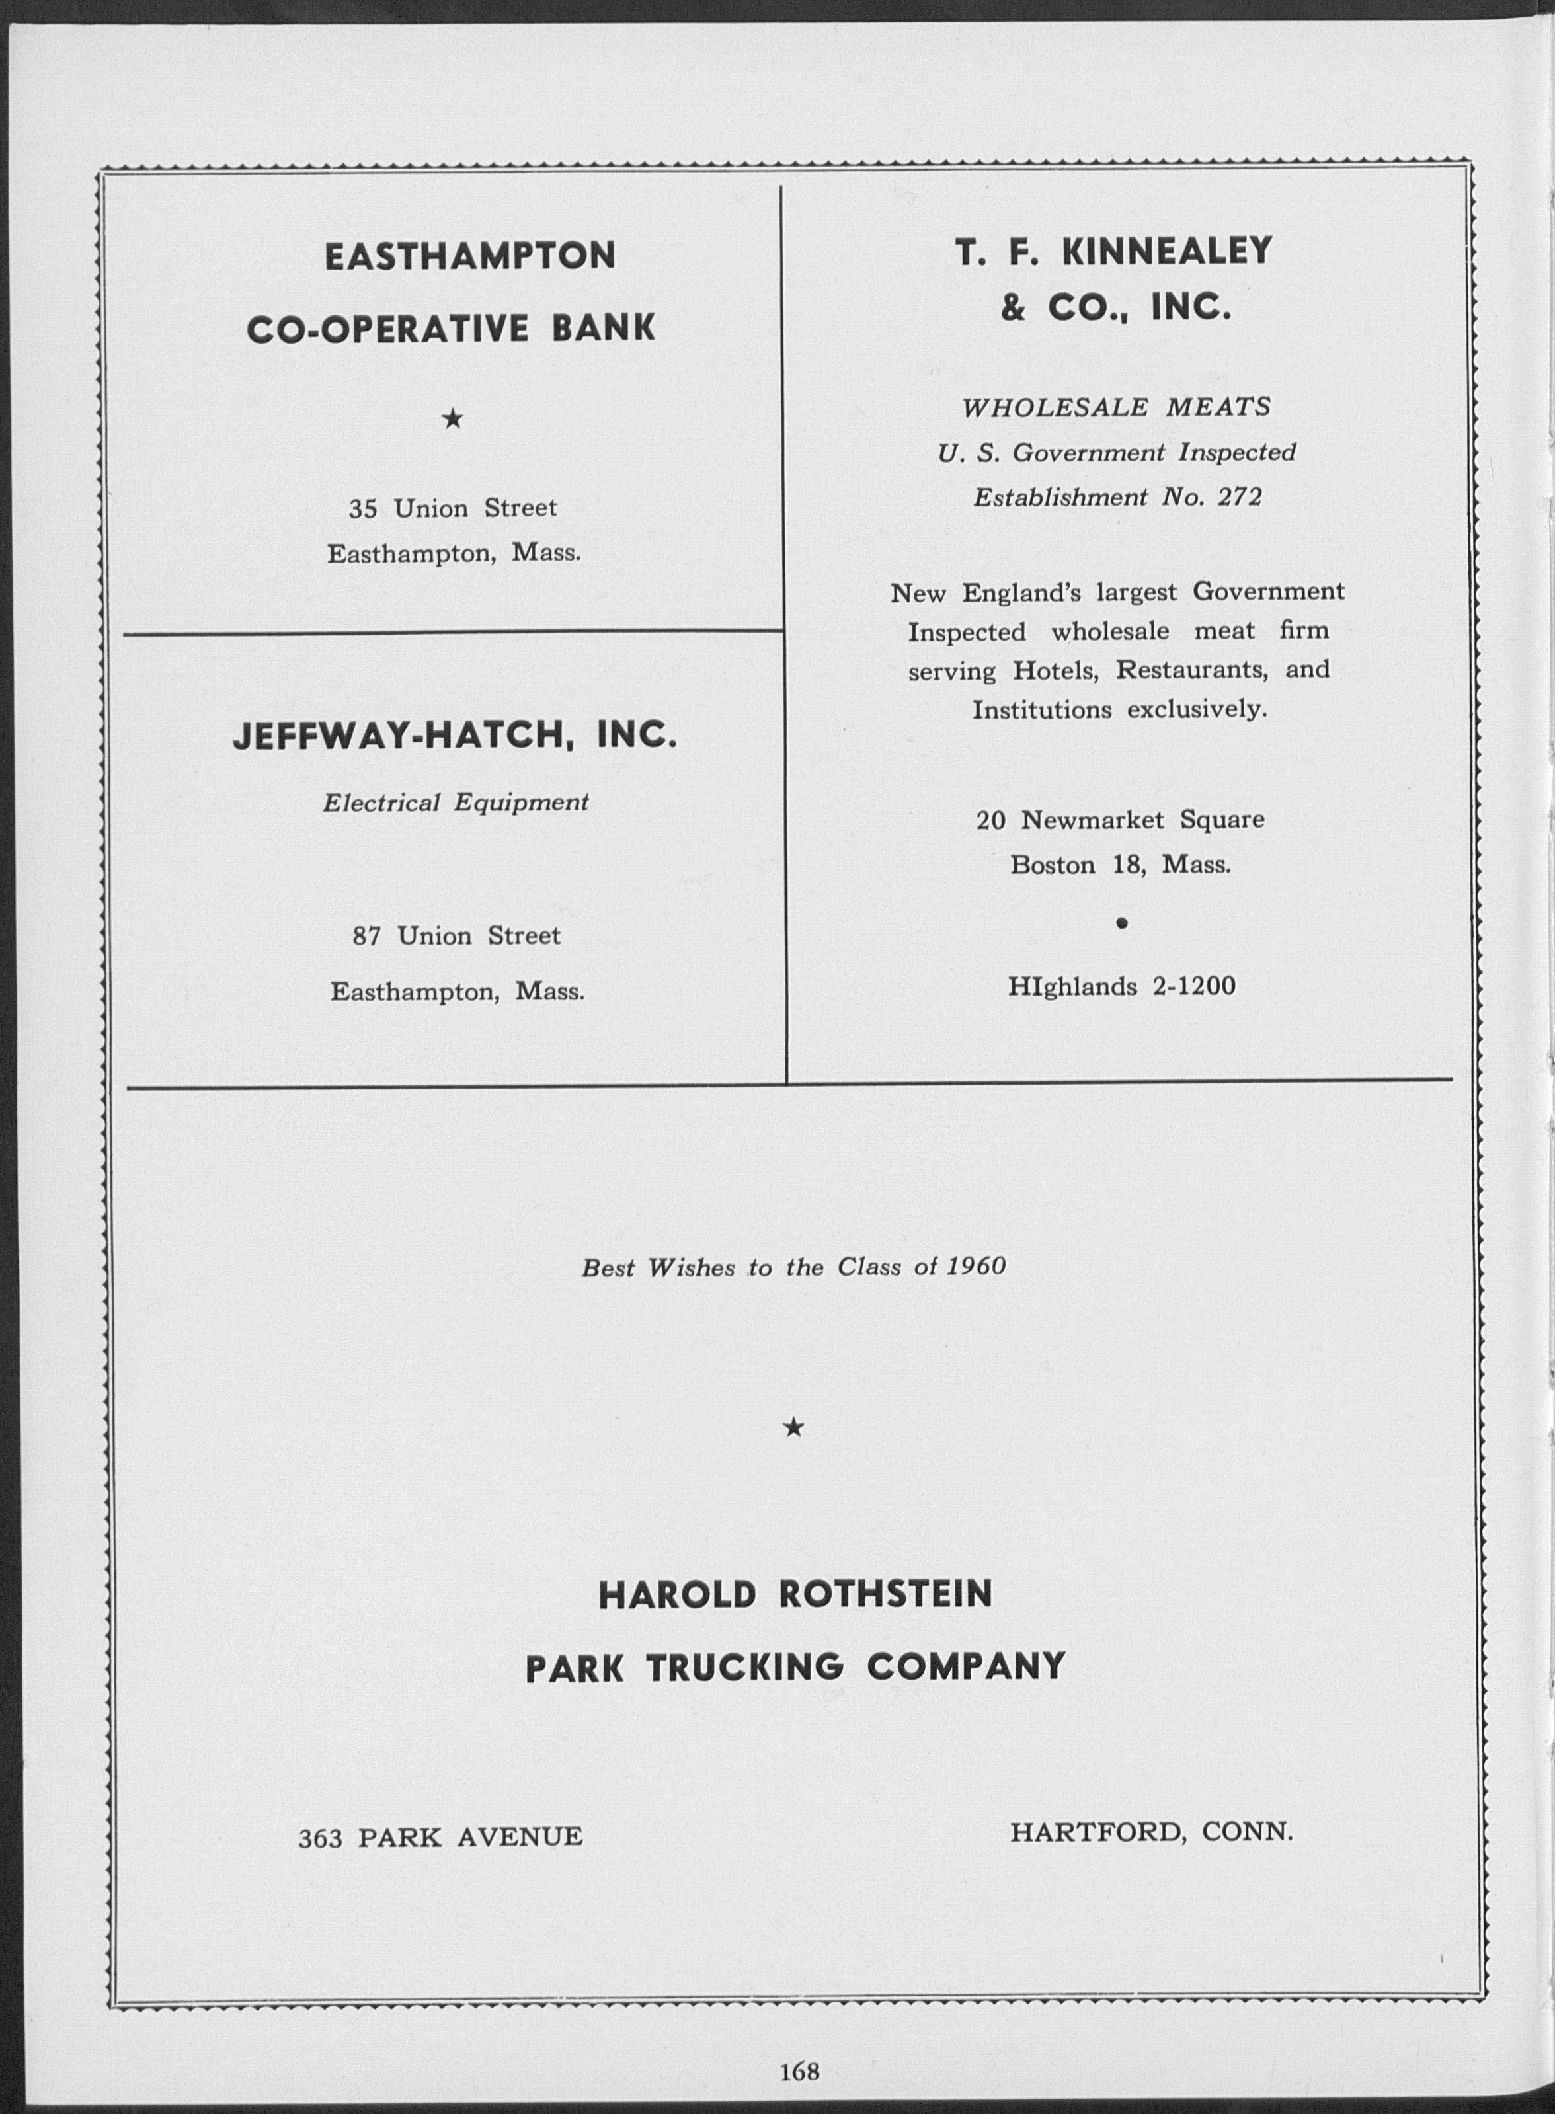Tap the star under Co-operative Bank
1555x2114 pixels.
pyautogui.click(x=453, y=419)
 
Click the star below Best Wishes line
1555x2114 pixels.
pyautogui.click(x=793, y=1428)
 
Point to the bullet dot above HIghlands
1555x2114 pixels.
pyautogui.click(x=1120, y=923)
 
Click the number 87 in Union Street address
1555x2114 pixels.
pyautogui.click(x=366, y=935)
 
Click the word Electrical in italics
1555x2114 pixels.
pyautogui.click(x=381, y=803)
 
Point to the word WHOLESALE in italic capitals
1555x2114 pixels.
pyautogui.click(x=1055, y=408)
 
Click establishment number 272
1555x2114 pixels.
pyautogui.click(x=1240, y=497)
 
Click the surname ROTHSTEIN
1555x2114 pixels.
pyautogui.click(x=886, y=1594)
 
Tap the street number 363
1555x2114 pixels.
pyautogui.click(x=319, y=1836)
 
